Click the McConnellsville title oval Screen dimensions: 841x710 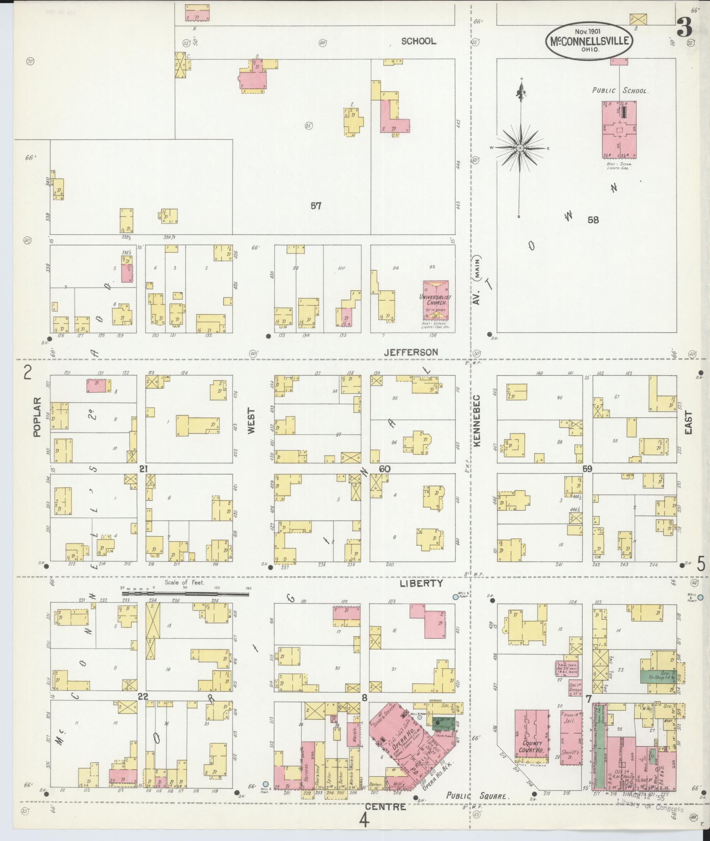pos(589,41)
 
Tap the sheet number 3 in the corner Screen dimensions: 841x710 pos(685,28)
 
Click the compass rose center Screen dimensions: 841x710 pos(520,148)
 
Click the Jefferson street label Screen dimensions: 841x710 pos(411,352)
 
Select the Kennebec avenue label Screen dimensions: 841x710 pos(476,420)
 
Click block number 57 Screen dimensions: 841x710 pos(316,205)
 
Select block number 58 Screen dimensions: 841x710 pos(593,220)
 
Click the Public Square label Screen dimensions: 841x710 pos(478,796)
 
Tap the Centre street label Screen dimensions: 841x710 pos(386,807)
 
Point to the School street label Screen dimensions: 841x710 pos(418,41)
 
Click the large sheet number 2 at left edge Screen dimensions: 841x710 pos(28,374)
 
